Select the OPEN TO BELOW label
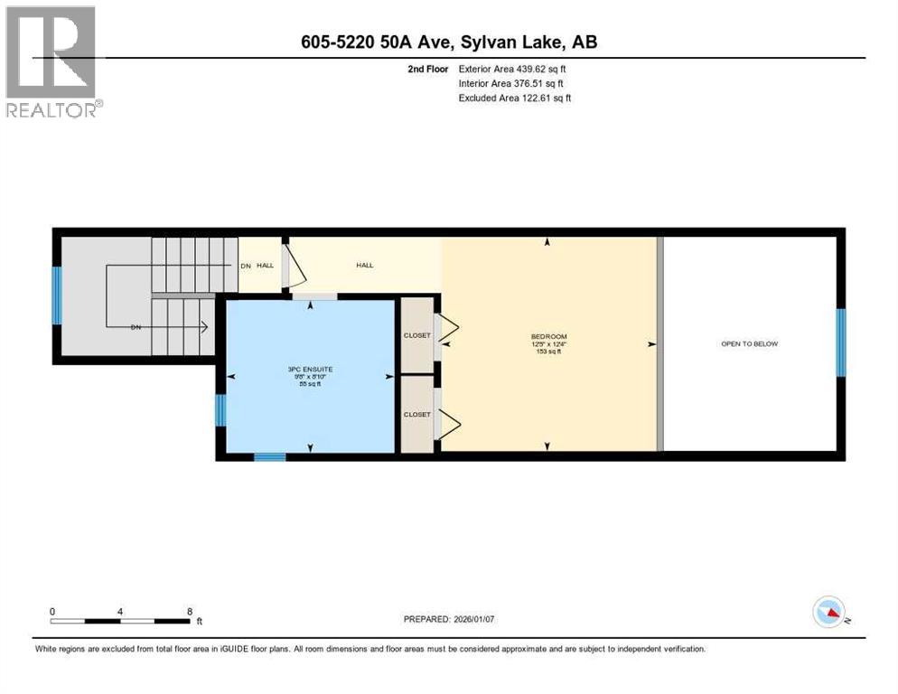(x=749, y=343)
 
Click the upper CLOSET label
(x=416, y=335)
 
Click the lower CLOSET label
(x=416, y=415)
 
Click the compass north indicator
(x=828, y=614)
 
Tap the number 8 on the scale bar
(x=190, y=612)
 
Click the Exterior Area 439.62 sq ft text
(x=513, y=69)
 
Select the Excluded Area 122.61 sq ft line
(x=515, y=98)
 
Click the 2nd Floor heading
(x=426, y=69)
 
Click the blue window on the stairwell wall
(x=56, y=295)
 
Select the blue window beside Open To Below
(x=841, y=342)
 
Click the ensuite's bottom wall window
(x=269, y=457)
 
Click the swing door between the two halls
(x=291, y=267)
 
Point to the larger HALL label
(x=364, y=265)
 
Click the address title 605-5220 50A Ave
(x=448, y=42)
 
